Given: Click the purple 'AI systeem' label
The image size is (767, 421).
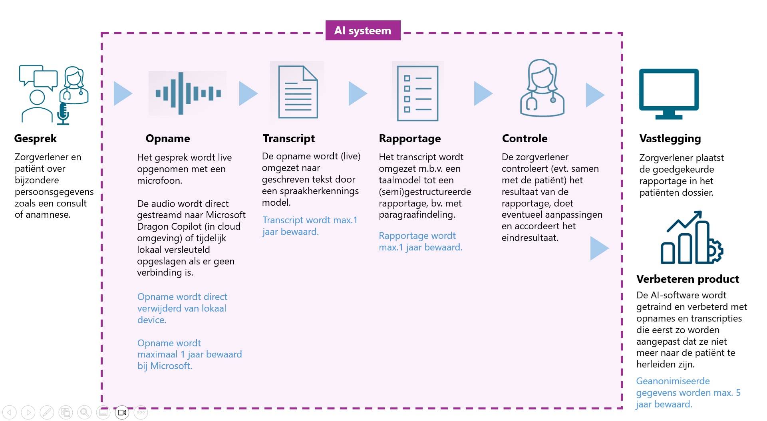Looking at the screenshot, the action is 363,30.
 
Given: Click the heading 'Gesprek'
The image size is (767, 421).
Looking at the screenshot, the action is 36,139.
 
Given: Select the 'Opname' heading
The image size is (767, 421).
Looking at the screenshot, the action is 168,139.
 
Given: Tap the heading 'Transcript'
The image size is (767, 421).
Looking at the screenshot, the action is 289,139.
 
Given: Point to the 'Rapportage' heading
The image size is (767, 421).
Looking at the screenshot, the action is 410,139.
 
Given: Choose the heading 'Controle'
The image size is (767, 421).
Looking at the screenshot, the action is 525,139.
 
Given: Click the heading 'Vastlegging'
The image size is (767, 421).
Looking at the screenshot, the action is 670,139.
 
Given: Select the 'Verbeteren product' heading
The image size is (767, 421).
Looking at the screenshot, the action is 688,279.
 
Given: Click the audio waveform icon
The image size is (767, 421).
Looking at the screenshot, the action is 188,93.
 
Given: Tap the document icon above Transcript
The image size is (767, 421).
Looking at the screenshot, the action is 298,92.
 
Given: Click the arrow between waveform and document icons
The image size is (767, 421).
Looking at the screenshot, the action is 248,93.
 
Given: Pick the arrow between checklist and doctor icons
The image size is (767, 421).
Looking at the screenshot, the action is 483,93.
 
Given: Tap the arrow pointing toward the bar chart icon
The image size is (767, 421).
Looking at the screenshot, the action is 599,248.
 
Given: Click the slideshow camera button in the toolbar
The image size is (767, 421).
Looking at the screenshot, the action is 122,412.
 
